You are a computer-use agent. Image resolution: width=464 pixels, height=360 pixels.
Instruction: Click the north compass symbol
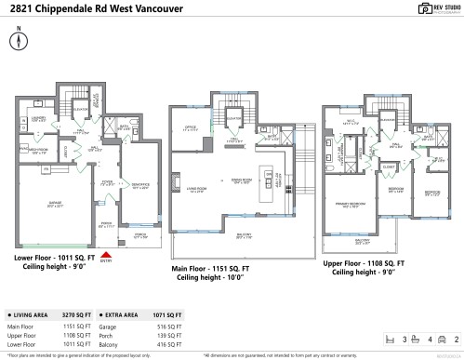tap(16, 43)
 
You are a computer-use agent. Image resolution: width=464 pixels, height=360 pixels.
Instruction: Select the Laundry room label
tap(40, 120)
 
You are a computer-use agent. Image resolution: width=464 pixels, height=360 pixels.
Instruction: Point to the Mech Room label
tap(37, 152)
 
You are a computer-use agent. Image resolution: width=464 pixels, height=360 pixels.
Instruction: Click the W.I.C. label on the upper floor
tap(351, 122)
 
